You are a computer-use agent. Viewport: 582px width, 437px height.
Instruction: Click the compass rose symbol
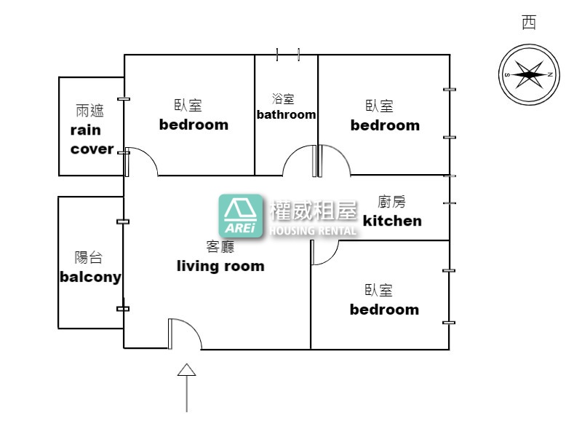click(x=529, y=74)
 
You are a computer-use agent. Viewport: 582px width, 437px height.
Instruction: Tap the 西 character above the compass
click(x=529, y=23)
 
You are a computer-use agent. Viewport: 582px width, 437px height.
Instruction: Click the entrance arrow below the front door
click(x=186, y=387)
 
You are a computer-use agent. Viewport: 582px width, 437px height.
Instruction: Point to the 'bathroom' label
click(x=286, y=114)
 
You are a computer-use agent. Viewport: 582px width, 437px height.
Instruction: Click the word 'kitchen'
click(x=392, y=221)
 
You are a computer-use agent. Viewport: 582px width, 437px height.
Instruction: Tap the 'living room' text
click(x=220, y=266)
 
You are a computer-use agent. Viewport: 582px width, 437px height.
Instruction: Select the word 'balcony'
click(x=90, y=277)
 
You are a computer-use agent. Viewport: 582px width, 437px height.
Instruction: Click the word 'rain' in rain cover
click(x=85, y=130)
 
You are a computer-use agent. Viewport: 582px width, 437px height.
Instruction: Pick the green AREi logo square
click(x=241, y=216)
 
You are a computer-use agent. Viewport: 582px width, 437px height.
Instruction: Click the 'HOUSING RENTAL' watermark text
click(x=313, y=231)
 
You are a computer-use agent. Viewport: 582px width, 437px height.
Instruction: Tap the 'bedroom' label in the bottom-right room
click(x=385, y=310)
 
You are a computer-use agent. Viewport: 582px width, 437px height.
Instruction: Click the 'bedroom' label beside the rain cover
click(x=194, y=125)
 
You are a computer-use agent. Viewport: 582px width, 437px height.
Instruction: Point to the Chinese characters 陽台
click(x=88, y=257)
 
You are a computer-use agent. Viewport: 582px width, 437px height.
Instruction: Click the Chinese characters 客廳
click(x=220, y=246)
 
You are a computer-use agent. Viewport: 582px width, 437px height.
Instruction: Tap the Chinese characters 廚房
click(x=391, y=202)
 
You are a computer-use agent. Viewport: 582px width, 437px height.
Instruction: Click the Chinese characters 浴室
click(x=283, y=99)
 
